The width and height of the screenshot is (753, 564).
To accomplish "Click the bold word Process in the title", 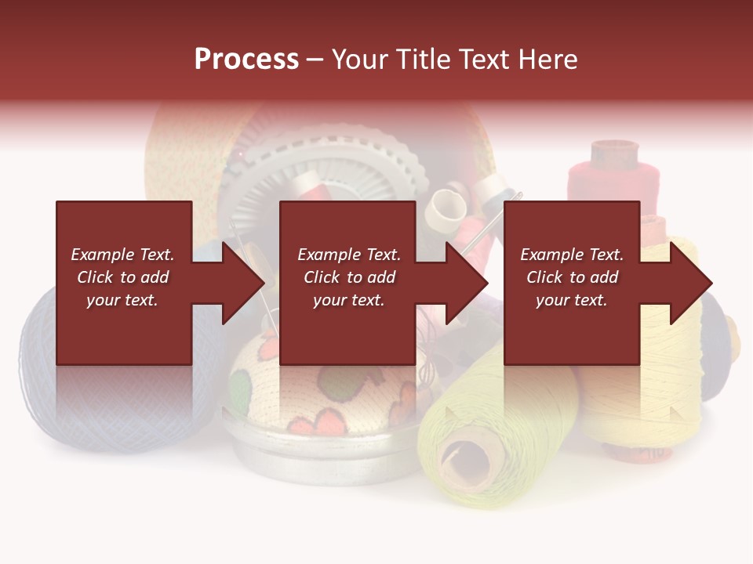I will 246,60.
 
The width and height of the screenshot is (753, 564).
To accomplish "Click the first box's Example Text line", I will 122,255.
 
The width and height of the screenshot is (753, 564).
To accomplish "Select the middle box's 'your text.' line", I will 348,300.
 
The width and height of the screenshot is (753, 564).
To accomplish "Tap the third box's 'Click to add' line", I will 572,277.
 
